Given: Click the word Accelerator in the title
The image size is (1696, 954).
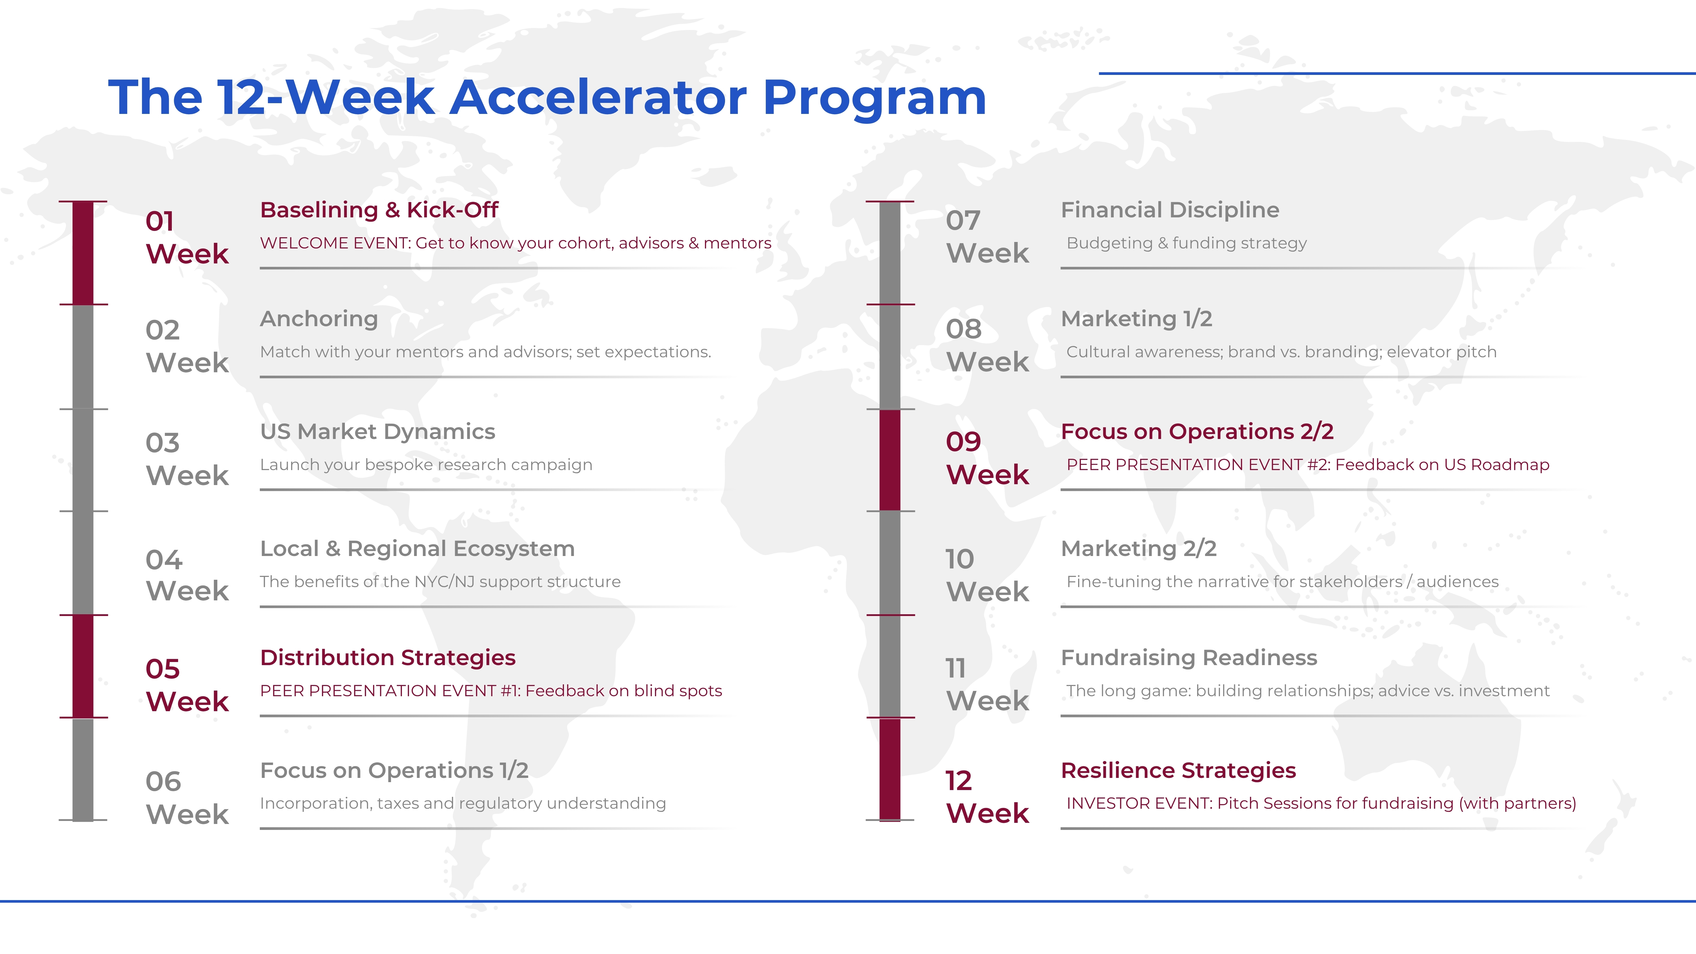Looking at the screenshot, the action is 599,98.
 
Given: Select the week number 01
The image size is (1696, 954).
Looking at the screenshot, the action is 160,221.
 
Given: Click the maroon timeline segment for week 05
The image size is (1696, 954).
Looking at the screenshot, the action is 83,666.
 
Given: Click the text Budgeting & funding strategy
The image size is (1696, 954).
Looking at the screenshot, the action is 1186,243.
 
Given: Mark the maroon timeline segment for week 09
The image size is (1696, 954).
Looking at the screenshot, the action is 890,460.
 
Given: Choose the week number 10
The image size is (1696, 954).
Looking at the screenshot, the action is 960,559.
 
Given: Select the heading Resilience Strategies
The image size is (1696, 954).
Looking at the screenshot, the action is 1178,770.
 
